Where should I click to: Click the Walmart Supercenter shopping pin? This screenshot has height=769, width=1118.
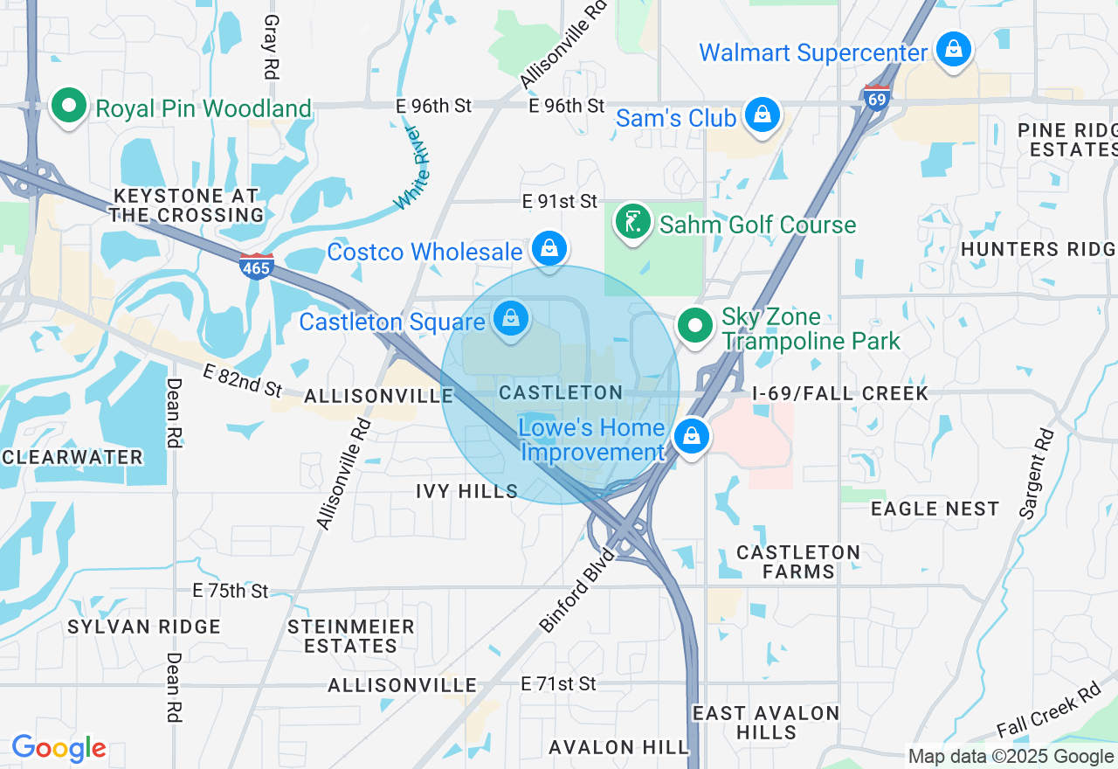[x=954, y=49]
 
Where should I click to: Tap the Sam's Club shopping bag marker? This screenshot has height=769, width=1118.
[x=763, y=114]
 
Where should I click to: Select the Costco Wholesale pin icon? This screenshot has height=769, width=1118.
[x=549, y=248]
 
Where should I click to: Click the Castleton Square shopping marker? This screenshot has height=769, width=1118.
[x=511, y=318]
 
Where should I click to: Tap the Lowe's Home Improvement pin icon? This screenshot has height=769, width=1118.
[x=692, y=435]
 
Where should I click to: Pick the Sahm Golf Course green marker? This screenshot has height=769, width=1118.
[x=633, y=221]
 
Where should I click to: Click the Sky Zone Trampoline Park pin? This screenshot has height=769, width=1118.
[x=695, y=326]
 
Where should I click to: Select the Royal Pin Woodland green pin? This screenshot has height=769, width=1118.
[x=68, y=106]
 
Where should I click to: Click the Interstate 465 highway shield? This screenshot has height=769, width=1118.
[x=257, y=266]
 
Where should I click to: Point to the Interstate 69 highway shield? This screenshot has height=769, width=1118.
[x=876, y=98]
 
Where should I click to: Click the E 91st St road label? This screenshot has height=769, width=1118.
[x=560, y=202]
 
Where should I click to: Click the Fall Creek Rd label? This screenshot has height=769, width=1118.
[x=1048, y=710]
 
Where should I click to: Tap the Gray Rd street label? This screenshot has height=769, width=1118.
[x=271, y=47]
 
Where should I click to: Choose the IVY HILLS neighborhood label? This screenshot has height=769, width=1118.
[x=467, y=492]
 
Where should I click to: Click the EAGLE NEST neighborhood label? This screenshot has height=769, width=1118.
[x=935, y=509]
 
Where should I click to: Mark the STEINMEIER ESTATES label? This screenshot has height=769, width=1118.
[x=351, y=637]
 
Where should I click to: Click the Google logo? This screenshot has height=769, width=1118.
[x=59, y=748]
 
